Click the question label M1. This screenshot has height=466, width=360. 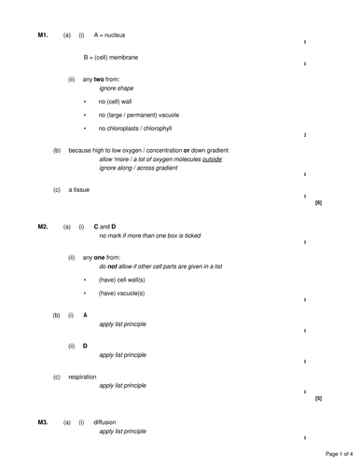[42, 35]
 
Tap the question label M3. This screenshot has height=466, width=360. [42, 422]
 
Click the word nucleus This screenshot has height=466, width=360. [115, 35]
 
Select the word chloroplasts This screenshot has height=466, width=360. [130, 128]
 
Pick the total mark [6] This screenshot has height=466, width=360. [319, 202]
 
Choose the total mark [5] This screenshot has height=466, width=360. [319, 398]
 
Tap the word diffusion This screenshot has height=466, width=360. [104, 422]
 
